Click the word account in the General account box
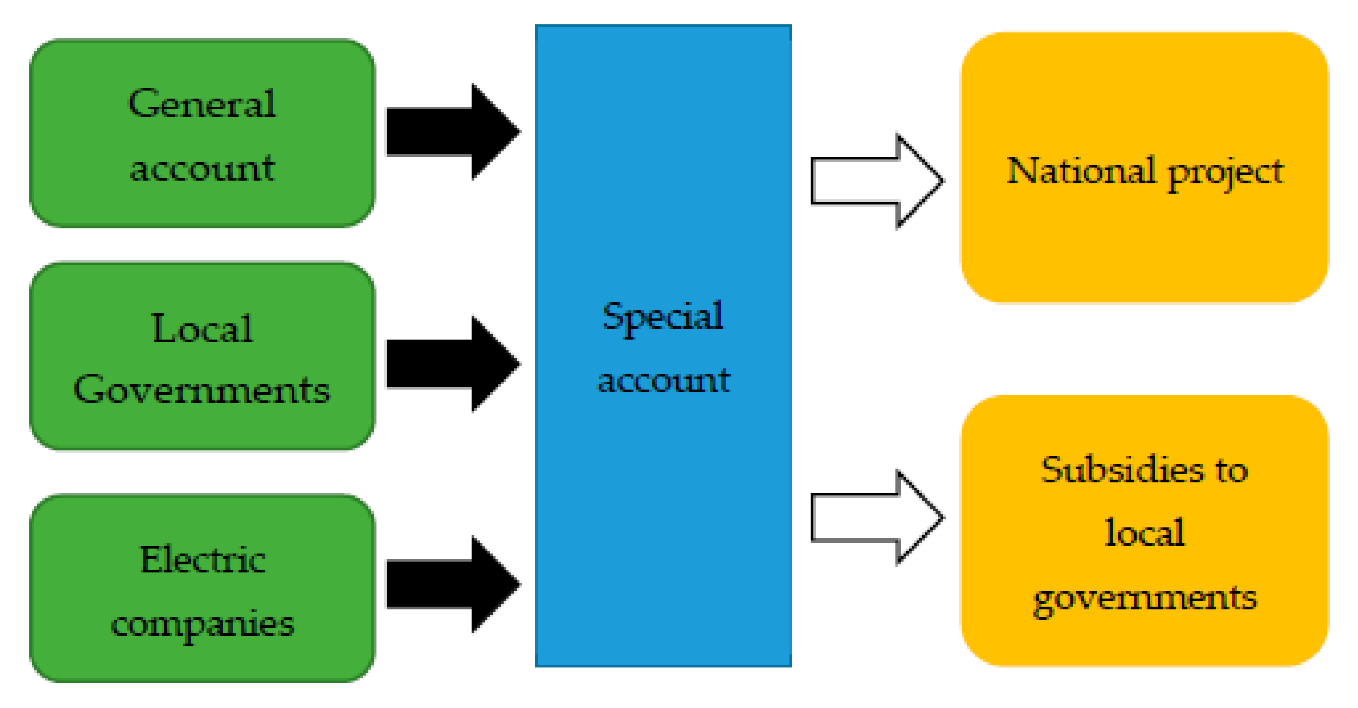(x=202, y=169)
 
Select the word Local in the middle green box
(x=202, y=328)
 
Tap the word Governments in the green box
(x=202, y=390)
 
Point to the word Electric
(x=202, y=559)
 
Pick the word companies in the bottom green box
(x=202, y=625)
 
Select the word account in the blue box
(x=664, y=380)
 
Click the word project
(x=1226, y=173)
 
